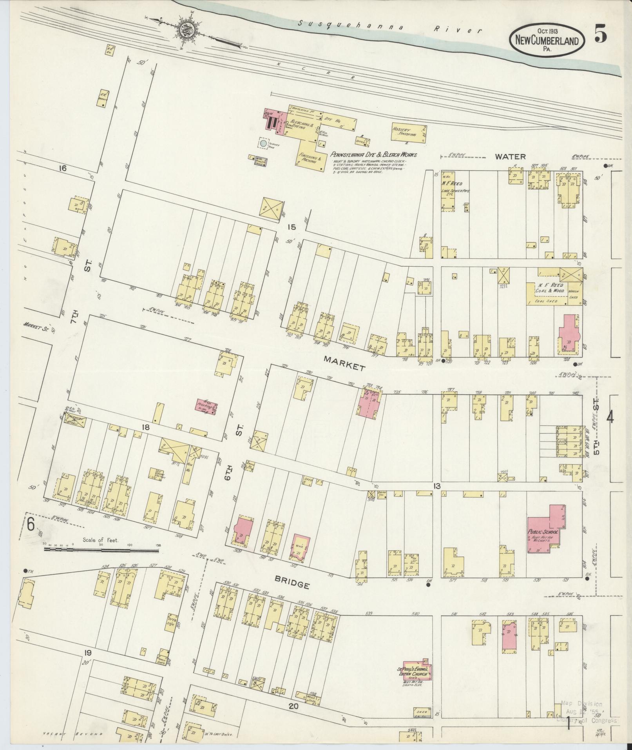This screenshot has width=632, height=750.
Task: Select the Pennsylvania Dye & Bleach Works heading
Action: pyautogui.click(x=373, y=154)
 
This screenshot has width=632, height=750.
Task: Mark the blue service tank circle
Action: pyautogui.click(x=263, y=144)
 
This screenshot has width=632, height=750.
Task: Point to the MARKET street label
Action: pyautogui.click(x=344, y=367)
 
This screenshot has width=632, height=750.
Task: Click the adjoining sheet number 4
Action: pyautogui.click(x=610, y=418)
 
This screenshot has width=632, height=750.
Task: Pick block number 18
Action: pyautogui.click(x=146, y=427)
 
